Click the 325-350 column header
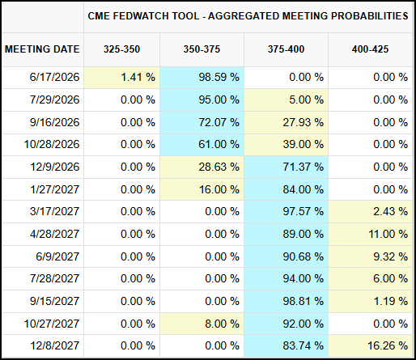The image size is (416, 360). pos(121,49)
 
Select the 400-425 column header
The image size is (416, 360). pos(370,49)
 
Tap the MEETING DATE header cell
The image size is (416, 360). pos(42,49)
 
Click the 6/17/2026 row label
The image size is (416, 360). pos(54,78)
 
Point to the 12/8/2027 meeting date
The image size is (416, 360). pos(54,345)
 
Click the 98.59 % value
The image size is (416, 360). pos(219,78)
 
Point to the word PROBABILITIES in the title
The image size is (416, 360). pos(370,16)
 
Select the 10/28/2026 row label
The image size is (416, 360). pos(52,144)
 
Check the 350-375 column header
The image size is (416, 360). pos(202,49)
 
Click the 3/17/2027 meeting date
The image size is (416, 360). pos(54,211)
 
